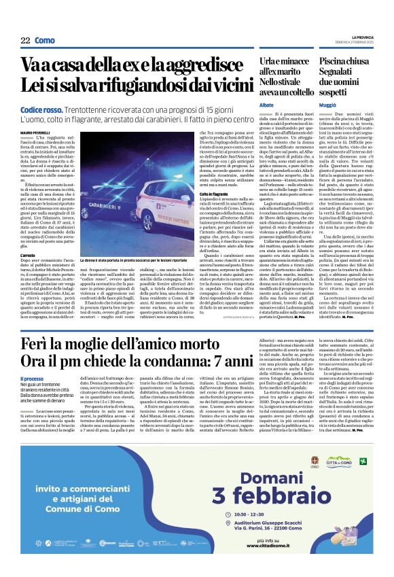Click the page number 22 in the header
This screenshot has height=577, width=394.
tap(25, 41)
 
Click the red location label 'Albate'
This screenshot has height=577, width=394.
tap(266, 106)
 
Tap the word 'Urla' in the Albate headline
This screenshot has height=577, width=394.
tap(269, 61)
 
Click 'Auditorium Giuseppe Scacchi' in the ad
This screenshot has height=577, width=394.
tap(300, 543)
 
